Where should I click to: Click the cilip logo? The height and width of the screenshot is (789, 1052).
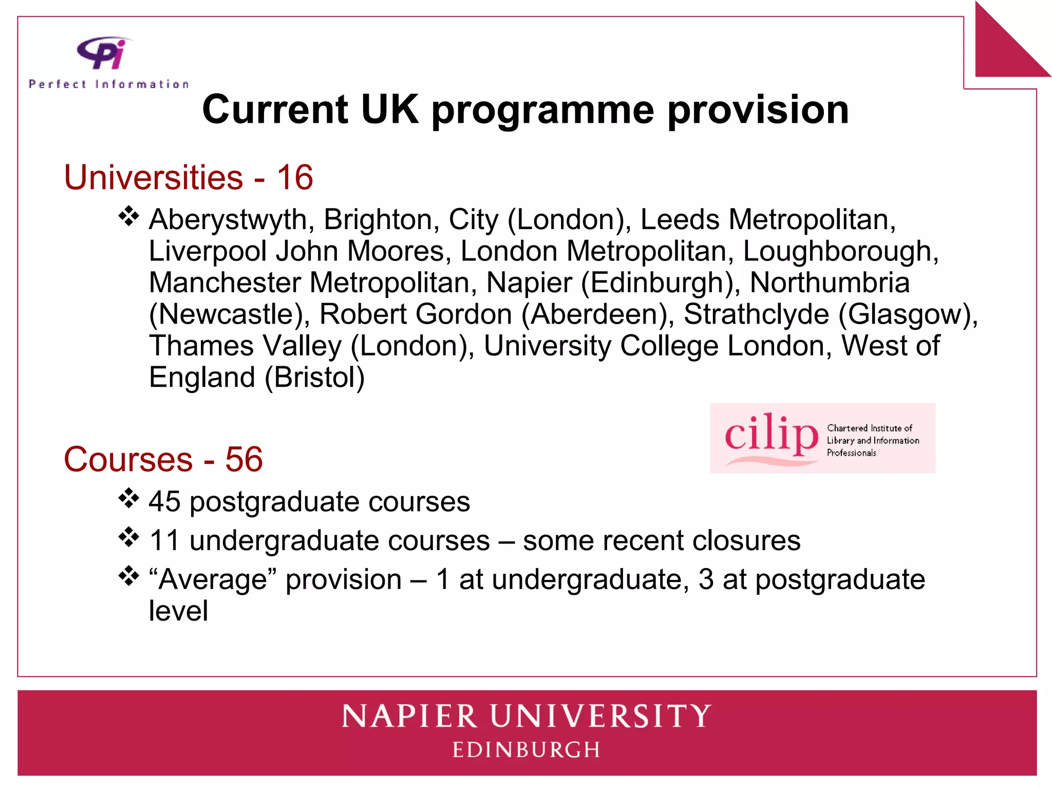click(x=822, y=438)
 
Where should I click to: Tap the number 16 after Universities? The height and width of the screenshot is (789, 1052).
click(x=295, y=178)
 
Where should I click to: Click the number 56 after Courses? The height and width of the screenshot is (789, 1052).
click(x=244, y=459)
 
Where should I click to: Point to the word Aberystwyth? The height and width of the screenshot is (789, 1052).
click(x=228, y=220)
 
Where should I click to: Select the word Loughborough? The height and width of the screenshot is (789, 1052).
click(x=840, y=252)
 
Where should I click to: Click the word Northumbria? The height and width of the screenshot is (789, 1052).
click(x=829, y=283)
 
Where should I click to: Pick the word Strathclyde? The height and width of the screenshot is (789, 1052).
click(x=756, y=314)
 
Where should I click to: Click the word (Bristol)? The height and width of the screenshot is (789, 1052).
click(x=314, y=378)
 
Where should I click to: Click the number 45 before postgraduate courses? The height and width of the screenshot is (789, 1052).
click(x=164, y=502)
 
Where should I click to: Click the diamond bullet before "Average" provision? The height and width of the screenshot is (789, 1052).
click(x=128, y=576)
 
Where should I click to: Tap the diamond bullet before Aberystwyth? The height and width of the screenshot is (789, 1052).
click(x=128, y=216)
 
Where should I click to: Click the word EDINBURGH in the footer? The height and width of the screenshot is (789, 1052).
click(x=526, y=750)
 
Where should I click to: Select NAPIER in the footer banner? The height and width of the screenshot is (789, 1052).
click(x=409, y=717)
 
